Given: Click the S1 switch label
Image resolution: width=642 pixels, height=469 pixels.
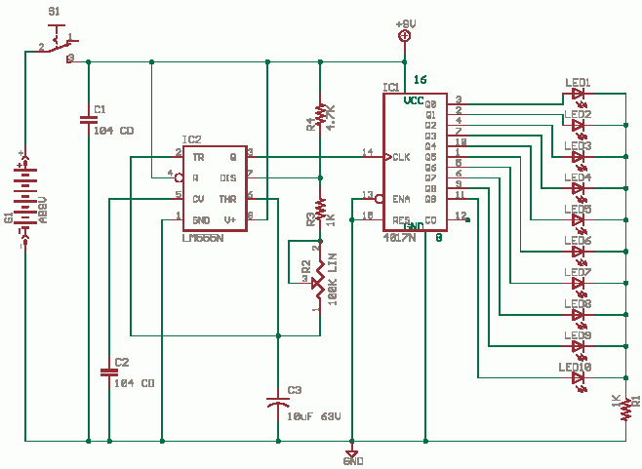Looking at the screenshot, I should point(54,12).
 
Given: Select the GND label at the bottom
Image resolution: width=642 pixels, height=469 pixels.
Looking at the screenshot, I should point(353,460).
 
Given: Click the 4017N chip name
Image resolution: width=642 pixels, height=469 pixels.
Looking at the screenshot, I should point(400,236).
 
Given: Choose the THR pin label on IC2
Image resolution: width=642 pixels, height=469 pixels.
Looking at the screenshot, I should point(228,198).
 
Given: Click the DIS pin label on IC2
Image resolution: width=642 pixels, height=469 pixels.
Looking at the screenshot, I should point(228,177).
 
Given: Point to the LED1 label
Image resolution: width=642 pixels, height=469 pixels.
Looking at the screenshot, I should point(578,82).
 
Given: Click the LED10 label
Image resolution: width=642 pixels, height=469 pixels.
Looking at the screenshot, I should point(577,367).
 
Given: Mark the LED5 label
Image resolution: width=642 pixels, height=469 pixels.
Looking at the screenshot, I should point(578,209).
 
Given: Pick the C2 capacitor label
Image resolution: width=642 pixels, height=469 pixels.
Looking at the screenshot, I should point(121,362).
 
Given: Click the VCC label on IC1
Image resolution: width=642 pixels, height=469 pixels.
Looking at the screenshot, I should point(415,100).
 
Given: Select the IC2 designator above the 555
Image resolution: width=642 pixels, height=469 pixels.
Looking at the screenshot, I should point(192,139).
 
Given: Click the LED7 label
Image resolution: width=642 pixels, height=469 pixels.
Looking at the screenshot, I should point(578,272).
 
